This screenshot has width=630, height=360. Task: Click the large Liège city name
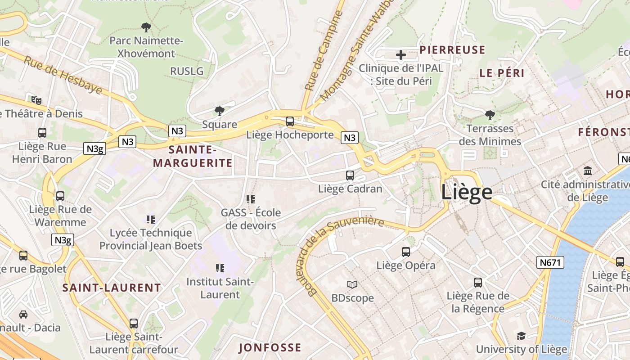click(467, 192)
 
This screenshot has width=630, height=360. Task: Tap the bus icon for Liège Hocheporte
click(290, 121)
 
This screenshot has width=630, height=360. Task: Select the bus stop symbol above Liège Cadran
click(350, 175)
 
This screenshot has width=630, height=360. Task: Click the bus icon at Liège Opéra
click(406, 252)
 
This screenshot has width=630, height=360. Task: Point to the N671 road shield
click(550, 262)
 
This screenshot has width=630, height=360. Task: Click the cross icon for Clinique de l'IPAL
click(400, 55)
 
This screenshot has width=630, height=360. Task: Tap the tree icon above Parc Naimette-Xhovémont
click(146, 27)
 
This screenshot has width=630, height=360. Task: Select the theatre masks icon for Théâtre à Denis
click(36, 100)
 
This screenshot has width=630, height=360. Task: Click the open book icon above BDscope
click(352, 284)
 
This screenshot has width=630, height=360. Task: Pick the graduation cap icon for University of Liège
click(521, 336)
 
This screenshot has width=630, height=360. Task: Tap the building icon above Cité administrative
click(588, 171)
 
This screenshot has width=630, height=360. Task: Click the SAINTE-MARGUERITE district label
click(193, 156)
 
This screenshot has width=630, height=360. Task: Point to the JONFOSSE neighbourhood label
click(270, 347)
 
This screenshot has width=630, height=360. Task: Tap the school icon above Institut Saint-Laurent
click(220, 268)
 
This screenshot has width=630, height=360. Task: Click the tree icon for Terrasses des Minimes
click(490, 115)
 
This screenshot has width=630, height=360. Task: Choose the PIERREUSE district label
click(452, 50)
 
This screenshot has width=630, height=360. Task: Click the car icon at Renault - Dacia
click(23, 314)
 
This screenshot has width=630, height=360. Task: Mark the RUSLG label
click(187, 71)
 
